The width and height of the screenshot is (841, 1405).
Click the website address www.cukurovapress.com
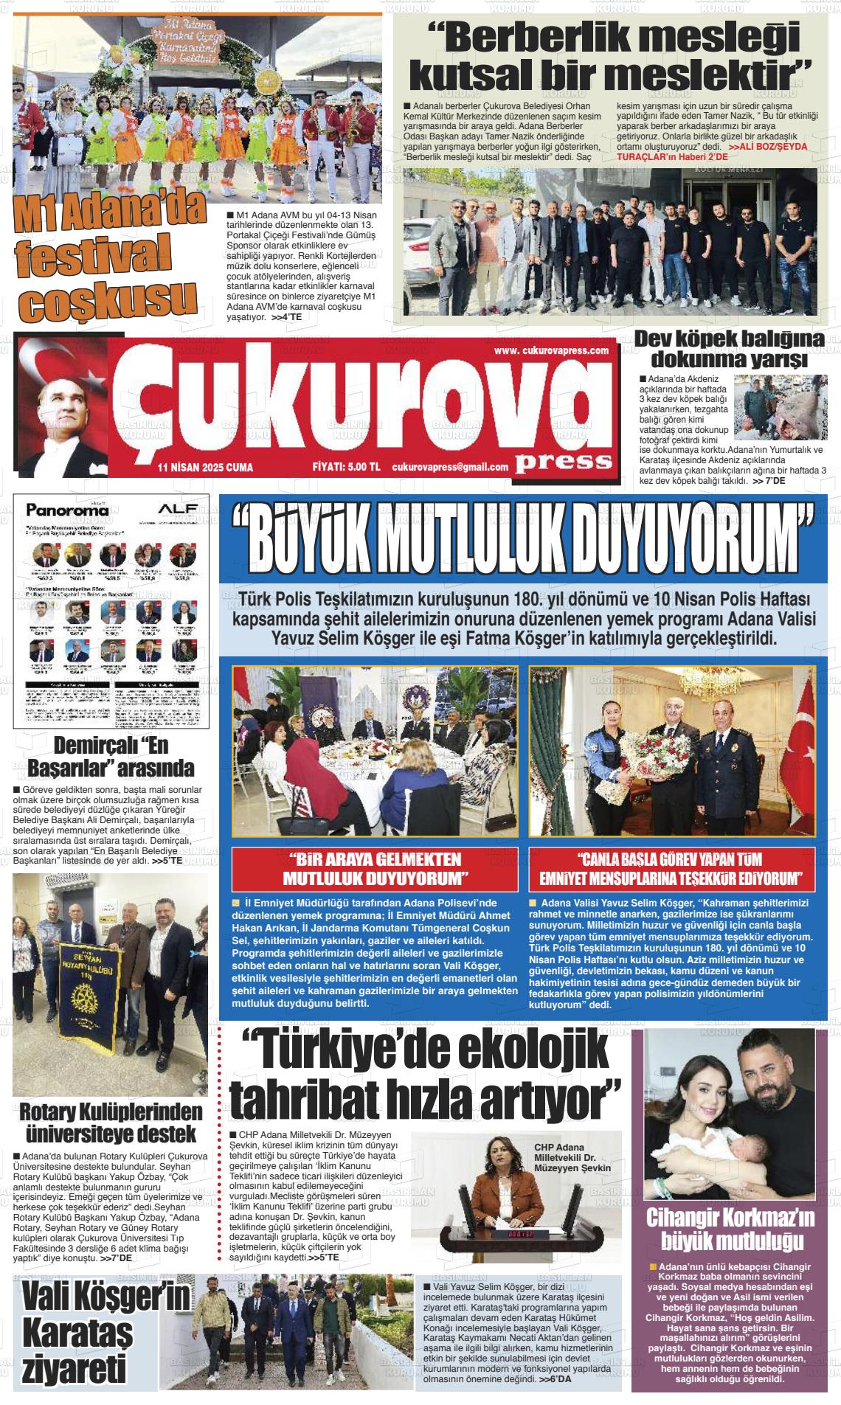click(x=551, y=351)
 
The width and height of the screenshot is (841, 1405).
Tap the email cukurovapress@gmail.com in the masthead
click(x=450, y=467)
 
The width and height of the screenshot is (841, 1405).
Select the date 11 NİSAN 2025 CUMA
click(x=204, y=468)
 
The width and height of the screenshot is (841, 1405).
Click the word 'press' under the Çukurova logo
click(x=564, y=461)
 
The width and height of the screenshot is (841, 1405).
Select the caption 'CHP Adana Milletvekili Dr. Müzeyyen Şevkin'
click(x=572, y=1157)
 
